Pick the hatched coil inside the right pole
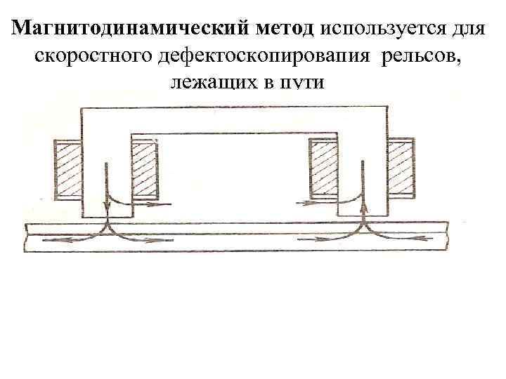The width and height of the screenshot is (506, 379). [x=323, y=169]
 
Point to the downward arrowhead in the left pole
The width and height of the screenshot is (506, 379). [x=106, y=206]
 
